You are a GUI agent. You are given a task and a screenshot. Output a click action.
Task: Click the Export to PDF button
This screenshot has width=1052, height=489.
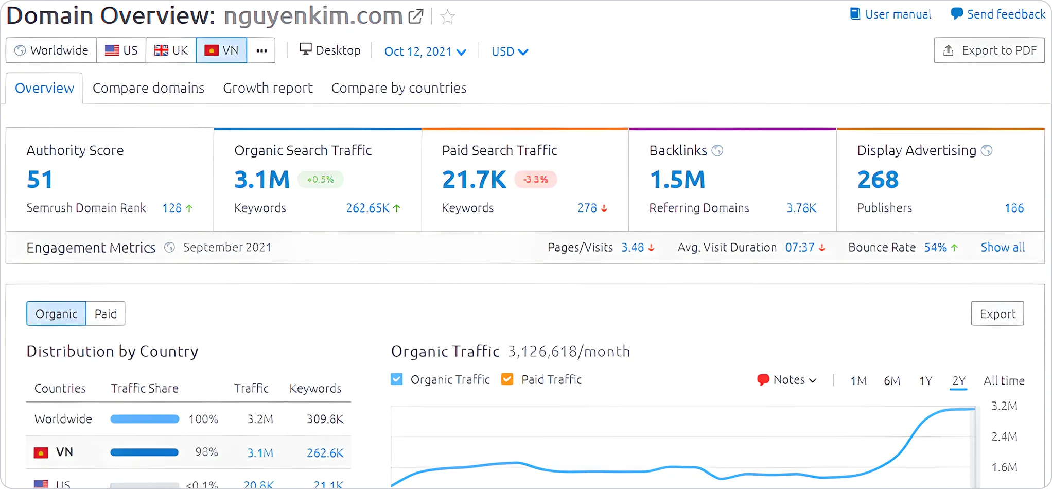pyautogui.click(x=989, y=50)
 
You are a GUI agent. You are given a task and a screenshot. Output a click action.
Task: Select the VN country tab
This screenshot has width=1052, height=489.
pyautogui.click(x=221, y=50)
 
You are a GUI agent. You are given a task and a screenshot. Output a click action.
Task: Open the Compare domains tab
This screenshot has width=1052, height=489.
pyautogui.click(x=148, y=88)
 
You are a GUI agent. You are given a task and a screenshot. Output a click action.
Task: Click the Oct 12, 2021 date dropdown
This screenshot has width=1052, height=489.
pyautogui.click(x=425, y=51)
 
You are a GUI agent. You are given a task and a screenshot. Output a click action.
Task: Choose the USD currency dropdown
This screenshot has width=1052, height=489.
pyautogui.click(x=510, y=51)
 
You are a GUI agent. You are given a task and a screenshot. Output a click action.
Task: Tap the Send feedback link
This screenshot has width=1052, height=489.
pyautogui.click(x=998, y=14)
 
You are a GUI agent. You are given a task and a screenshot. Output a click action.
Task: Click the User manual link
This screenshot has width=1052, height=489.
pyautogui.click(x=891, y=14)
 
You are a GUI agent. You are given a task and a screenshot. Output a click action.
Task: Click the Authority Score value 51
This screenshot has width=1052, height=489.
pyautogui.click(x=40, y=180)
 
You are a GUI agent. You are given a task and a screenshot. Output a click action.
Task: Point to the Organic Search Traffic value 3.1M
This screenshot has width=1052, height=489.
pyautogui.click(x=262, y=180)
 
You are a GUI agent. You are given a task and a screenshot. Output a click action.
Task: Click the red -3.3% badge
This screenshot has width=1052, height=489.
pyautogui.click(x=535, y=180)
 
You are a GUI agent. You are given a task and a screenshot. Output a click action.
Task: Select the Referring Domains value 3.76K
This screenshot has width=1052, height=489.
pyautogui.click(x=801, y=208)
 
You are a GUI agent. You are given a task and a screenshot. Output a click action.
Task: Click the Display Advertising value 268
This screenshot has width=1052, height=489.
pyautogui.click(x=878, y=180)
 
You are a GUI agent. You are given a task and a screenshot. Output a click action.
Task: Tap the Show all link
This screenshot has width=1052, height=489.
pyautogui.click(x=1002, y=248)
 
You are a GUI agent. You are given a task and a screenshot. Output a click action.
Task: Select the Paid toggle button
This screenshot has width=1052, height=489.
pyautogui.click(x=106, y=314)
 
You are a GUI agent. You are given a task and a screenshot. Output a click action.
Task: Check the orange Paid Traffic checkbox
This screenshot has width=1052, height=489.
pyautogui.click(x=507, y=380)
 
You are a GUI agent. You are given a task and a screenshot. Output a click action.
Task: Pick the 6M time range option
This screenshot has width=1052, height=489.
pyautogui.click(x=891, y=381)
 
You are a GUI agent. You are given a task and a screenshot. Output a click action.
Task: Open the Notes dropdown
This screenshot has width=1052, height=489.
pyautogui.click(x=787, y=380)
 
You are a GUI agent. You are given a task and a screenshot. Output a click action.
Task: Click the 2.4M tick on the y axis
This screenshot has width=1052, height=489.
pyautogui.click(x=1004, y=436)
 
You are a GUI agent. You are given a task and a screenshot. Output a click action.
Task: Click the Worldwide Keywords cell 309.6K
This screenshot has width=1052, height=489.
pyautogui.click(x=325, y=419)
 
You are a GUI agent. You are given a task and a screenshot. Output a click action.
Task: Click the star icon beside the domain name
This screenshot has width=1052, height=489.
pyautogui.click(x=448, y=17)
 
